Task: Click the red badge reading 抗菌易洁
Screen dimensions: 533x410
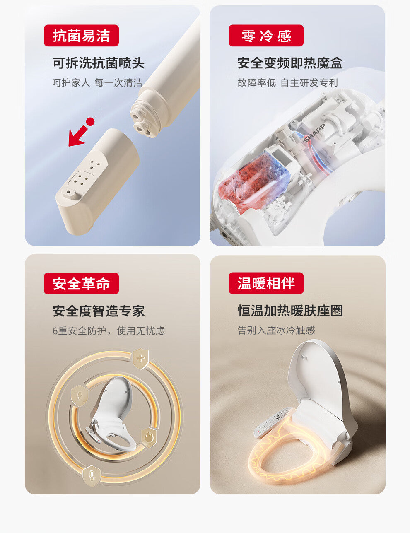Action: pos(81,36)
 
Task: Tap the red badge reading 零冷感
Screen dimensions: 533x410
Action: pos(266,36)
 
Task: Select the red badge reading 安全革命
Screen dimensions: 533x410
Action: pos(81,284)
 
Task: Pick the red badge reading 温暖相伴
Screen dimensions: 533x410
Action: pos(266,284)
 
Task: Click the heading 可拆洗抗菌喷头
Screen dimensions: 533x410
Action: pos(99,63)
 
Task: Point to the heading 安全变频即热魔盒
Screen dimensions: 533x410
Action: pos(290,63)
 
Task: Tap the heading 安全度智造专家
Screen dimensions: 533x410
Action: pos(99,311)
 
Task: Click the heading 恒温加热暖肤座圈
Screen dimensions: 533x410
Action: pos(290,311)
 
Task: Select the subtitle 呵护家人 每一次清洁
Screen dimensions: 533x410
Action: pos(97,83)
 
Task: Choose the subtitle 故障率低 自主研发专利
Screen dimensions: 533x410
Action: pos(287,83)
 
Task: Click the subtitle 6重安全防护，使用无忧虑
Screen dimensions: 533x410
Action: pos(109,331)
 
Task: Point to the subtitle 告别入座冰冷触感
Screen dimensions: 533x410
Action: pos(276,330)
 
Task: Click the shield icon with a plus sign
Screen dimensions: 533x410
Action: pos(140,358)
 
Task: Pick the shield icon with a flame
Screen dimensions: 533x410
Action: pos(149,437)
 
